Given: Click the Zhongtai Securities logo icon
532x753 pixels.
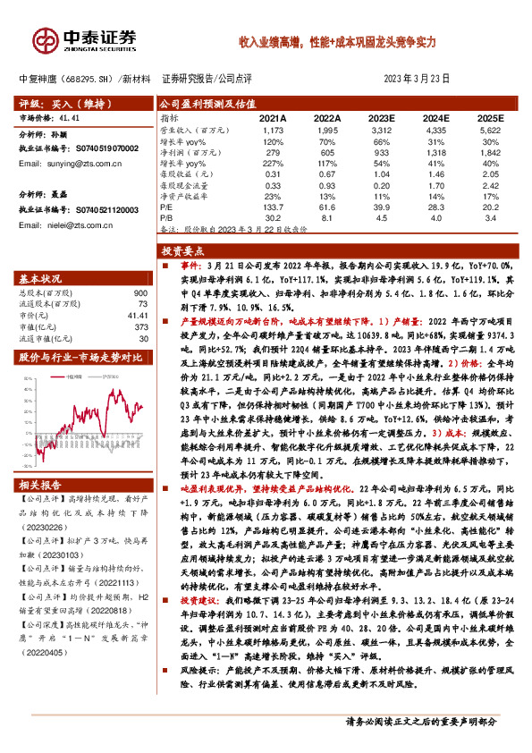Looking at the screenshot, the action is (45, 41).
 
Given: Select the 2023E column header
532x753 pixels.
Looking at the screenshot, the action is (382, 118).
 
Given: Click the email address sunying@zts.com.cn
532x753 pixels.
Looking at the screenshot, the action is (84, 166).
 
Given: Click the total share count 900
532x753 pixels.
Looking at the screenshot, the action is (139, 294).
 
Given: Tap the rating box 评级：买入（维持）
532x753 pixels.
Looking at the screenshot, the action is (57, 104).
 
